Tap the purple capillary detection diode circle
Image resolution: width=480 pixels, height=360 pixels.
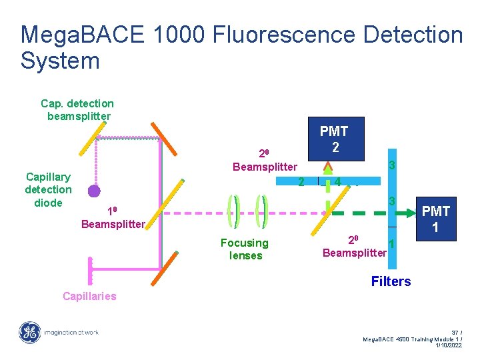[95, 191]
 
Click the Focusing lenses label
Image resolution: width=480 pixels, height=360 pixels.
[245, 249]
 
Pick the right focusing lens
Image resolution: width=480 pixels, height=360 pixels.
[262, 213]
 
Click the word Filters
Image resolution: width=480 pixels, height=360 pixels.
[391, 281]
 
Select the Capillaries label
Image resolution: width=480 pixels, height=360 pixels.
[89, 296]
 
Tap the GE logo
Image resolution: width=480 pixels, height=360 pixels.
[29, 331]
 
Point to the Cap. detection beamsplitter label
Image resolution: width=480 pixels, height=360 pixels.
[77, 110]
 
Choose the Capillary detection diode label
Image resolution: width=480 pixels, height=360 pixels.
[48, 189]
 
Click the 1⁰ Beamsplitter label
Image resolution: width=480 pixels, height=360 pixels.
[112, 218]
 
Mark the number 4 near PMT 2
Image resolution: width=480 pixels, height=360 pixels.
[339, 181]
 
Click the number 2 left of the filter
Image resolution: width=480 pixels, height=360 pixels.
[301, 181]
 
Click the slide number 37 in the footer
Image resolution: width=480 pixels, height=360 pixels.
[456, 332]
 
